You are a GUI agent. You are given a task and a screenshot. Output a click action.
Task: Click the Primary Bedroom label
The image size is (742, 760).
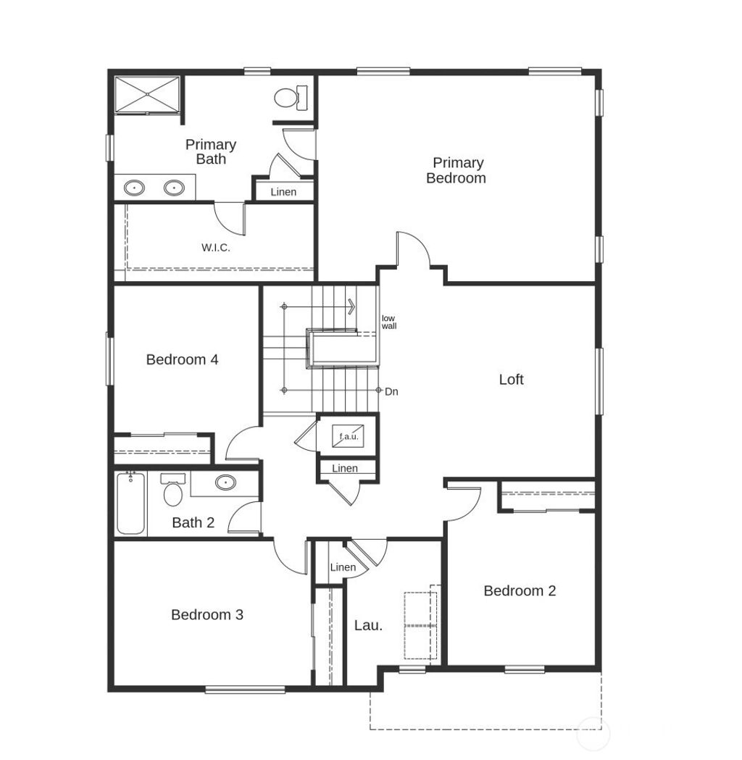tap(456, 170)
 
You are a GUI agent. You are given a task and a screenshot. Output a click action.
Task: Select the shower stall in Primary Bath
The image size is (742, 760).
tap(147, 93)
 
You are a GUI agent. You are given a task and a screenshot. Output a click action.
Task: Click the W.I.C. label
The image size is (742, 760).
tap(215, 248)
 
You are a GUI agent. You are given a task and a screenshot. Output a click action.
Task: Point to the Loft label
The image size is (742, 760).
tap(511, 379)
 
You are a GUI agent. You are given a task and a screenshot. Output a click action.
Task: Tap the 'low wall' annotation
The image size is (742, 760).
tap(389, 322)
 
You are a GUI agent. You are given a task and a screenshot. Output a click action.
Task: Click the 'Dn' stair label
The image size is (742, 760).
tap(391, 392)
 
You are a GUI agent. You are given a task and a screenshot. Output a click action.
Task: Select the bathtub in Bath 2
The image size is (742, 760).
tap(131, 503)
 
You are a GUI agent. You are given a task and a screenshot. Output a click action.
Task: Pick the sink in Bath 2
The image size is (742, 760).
tap(225, 482)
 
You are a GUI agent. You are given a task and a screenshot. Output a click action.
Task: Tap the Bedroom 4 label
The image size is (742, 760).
tap(182, 359)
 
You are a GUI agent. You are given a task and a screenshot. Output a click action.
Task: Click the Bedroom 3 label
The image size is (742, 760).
tap(207, 614)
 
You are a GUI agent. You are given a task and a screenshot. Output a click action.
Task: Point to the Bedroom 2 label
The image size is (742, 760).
tap(520, 590)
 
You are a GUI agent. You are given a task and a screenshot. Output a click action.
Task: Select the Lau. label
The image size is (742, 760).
tap(368, 625)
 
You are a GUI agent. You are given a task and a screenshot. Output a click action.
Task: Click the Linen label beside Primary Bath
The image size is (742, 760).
tap(283, 192)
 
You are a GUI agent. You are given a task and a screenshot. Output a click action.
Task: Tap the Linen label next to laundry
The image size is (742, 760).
tap(343, 567)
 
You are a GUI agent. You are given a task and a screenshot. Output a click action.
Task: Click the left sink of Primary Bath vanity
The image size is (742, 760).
tap(134, 188)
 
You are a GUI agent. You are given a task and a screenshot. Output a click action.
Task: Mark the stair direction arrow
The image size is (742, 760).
tap(351, 307)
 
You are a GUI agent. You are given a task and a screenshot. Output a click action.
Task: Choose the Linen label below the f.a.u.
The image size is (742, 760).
tap(345, 468)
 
